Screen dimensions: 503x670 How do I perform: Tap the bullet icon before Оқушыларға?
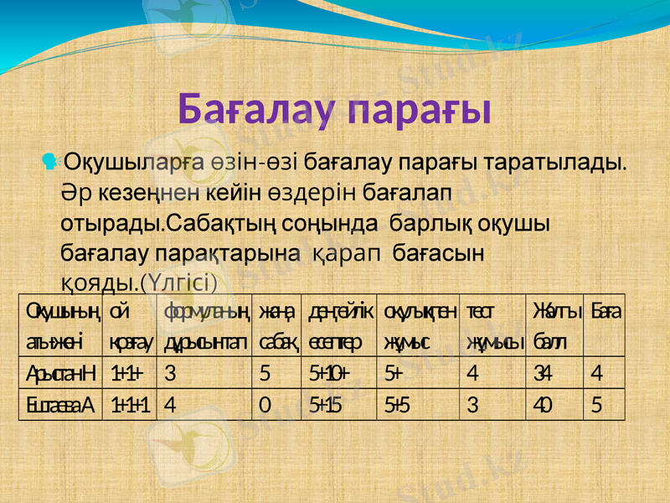[x=53, y=158]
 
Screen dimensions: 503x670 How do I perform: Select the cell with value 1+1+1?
[x=130, y=405]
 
